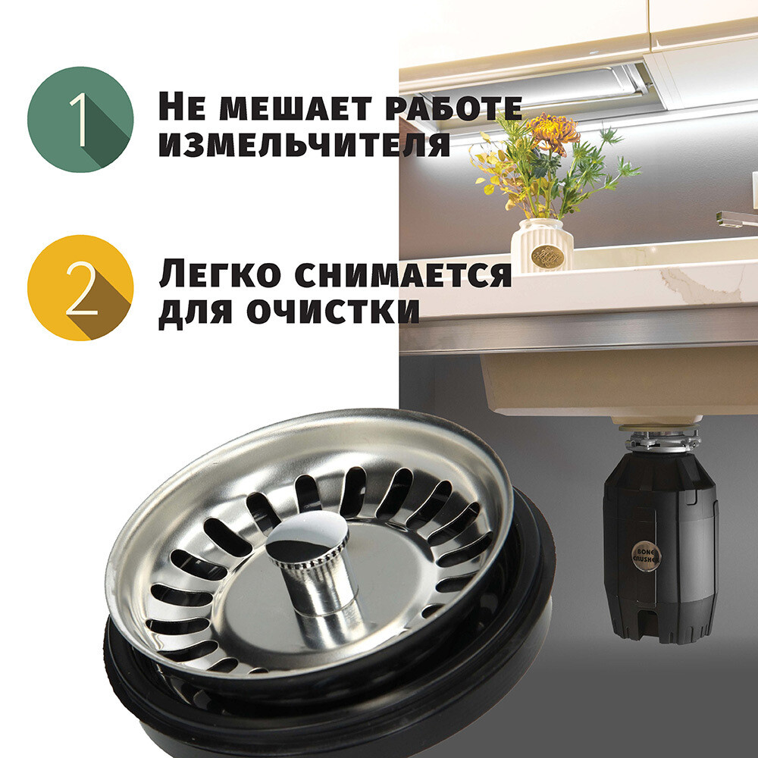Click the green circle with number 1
pyautogui.click(x=80, y=120)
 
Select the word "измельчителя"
pyautogui.click(x=304, y=143)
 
